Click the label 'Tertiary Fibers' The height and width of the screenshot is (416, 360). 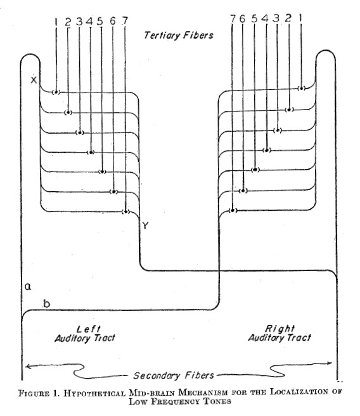(178, 35)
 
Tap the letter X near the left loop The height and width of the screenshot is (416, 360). (34, 79)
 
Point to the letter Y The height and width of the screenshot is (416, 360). (145, 225)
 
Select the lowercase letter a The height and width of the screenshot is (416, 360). (28, 287)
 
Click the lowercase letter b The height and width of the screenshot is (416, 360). (47, 303)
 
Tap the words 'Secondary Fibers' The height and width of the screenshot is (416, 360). (174, 375)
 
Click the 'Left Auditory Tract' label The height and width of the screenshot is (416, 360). (85, 334)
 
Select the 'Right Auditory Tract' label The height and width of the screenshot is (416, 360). (280, 333)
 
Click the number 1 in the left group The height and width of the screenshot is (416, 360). (56, 22)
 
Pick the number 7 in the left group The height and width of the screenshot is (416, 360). (125, 21)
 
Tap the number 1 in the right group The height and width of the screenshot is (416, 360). (301, 18)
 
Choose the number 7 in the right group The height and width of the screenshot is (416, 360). (233, 19)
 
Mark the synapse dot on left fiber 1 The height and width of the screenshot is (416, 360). (56, 92)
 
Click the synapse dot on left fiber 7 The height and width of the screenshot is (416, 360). (125, 211)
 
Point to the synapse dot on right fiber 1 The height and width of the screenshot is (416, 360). (301, 88)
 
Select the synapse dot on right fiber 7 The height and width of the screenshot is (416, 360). (233, 210)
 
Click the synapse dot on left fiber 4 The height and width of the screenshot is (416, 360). (91, 153)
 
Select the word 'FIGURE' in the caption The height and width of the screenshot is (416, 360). (34, 393)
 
